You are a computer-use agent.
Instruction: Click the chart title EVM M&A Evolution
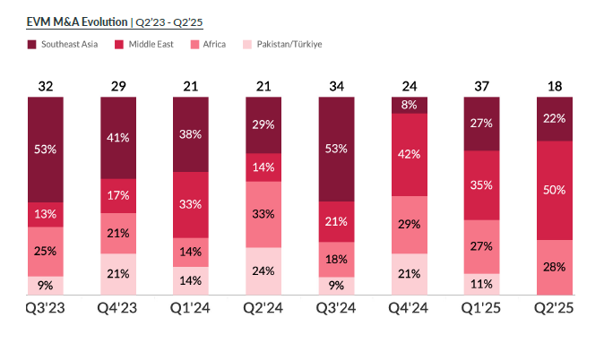(65, 21)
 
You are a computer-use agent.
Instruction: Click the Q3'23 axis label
(46, 309)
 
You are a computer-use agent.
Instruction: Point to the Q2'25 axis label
(555, 309)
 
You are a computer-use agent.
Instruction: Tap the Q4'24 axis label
(410, 309)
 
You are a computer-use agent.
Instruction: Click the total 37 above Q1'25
(482, 86)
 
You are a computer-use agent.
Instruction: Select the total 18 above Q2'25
(555, 86)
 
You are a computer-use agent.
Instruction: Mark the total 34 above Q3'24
(336, 86)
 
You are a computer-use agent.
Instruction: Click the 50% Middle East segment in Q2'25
(555, 190)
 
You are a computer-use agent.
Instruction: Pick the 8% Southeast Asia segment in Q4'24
(410, 105)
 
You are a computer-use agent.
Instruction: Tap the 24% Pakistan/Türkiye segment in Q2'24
(263, 271)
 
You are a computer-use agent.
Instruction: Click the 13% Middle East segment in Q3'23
(46, 214)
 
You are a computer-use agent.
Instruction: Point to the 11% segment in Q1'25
(482, 284)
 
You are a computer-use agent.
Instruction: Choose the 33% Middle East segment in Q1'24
(191, 204)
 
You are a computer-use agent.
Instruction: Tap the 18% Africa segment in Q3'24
(336, 259)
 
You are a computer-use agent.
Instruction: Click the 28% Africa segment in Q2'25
(555, 267)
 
